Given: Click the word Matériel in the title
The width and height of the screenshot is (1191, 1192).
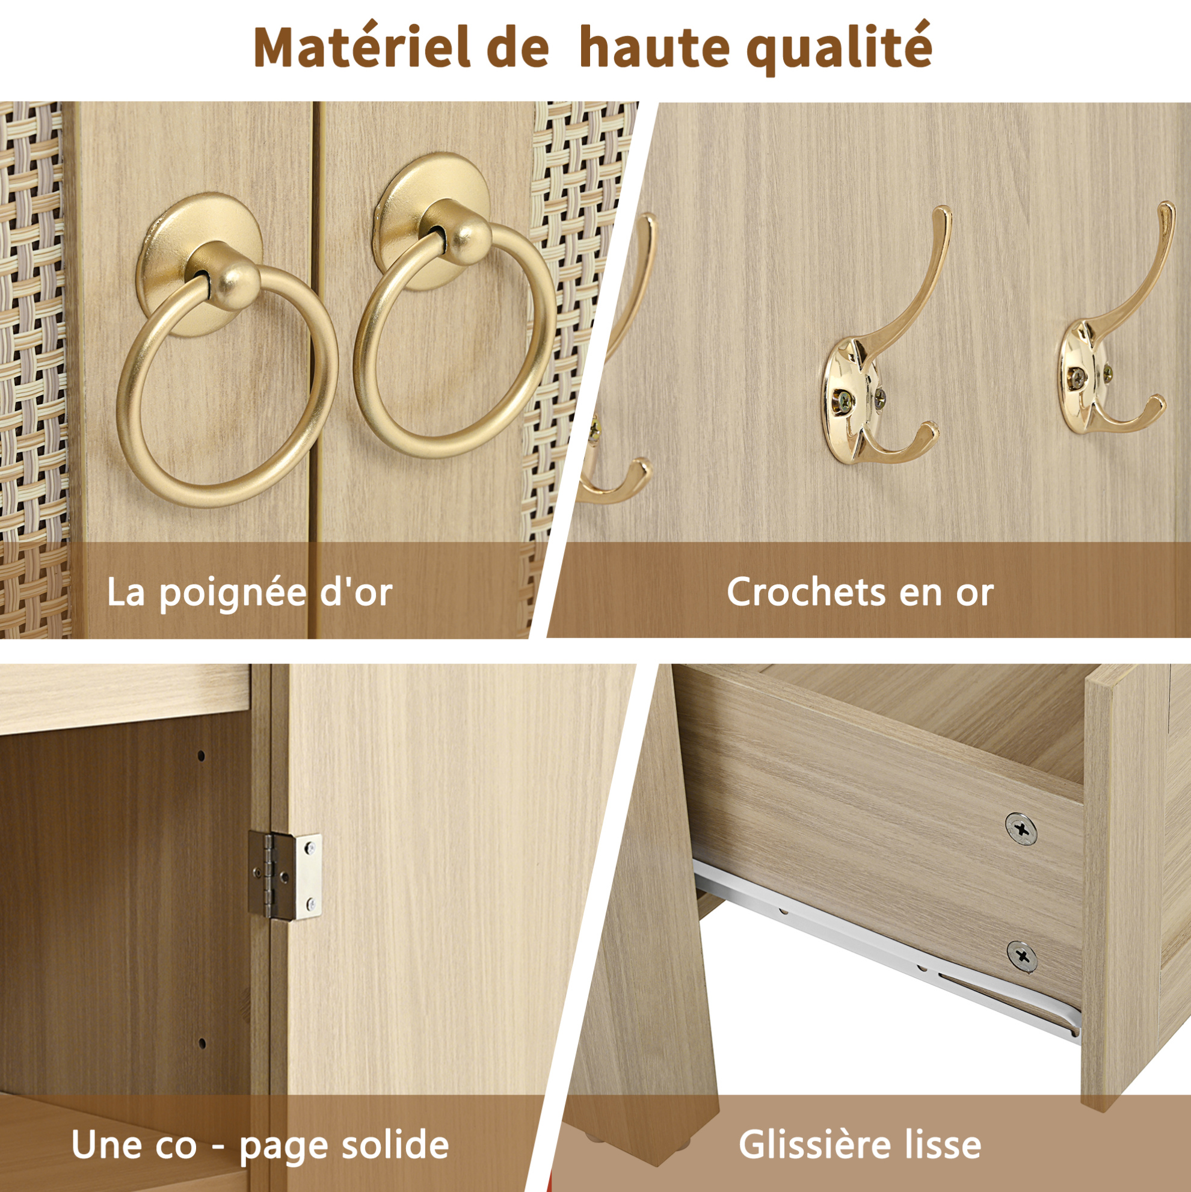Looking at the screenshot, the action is pos(362,48).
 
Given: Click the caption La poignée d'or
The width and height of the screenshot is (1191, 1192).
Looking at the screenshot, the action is pos(249,593).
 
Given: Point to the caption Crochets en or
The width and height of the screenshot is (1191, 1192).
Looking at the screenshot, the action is pos(860,592).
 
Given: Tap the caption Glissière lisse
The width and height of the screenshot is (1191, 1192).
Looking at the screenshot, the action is pos(860,1145).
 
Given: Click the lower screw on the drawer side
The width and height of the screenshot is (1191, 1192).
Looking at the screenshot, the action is pos(1022,957).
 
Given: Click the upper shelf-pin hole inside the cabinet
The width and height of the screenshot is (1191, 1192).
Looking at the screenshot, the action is pos(201,755).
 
